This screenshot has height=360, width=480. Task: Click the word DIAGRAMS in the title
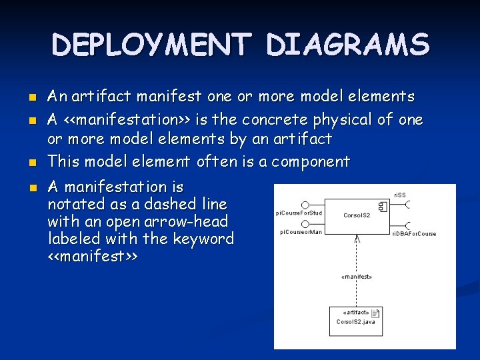tap(347, 45)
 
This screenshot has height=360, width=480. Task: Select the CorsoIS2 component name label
tap(357, 215)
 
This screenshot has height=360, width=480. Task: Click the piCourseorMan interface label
tap(301, 232)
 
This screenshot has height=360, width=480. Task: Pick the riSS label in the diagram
tap(400, 195)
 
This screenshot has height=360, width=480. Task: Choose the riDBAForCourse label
tap(413, 234)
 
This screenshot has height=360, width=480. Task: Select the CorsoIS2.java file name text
tap(355, 322)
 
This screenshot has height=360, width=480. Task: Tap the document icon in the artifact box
tap(375, 313)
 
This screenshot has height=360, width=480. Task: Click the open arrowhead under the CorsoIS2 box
tap(358, 238)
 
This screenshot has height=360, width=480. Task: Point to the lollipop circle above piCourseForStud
tap(305, 204)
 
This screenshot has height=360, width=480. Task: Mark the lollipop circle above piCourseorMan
tap(305, 223)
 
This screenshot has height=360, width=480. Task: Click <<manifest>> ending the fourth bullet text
tap(93, 256)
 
